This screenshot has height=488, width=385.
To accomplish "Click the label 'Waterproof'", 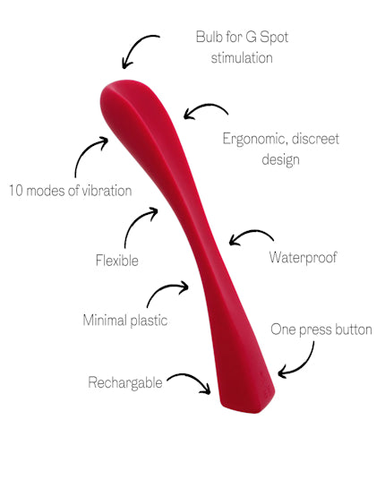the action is point(303,258).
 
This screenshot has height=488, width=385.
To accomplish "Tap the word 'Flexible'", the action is point(117,261).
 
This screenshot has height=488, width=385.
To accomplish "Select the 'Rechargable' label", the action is point(125,382).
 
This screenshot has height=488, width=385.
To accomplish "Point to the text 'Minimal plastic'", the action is point(125,321).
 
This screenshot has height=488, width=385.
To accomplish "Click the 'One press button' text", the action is point(321,330).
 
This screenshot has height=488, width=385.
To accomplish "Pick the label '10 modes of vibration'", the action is point(71,191).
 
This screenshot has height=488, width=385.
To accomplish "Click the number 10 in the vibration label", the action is point(15,191).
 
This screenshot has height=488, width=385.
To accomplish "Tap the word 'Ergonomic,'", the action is point(255,139).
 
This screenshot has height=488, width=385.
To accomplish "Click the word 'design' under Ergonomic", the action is point(280,159).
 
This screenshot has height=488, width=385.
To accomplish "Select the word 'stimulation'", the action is point(242,58).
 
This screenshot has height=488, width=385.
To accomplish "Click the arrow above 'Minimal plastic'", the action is point(165,287).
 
